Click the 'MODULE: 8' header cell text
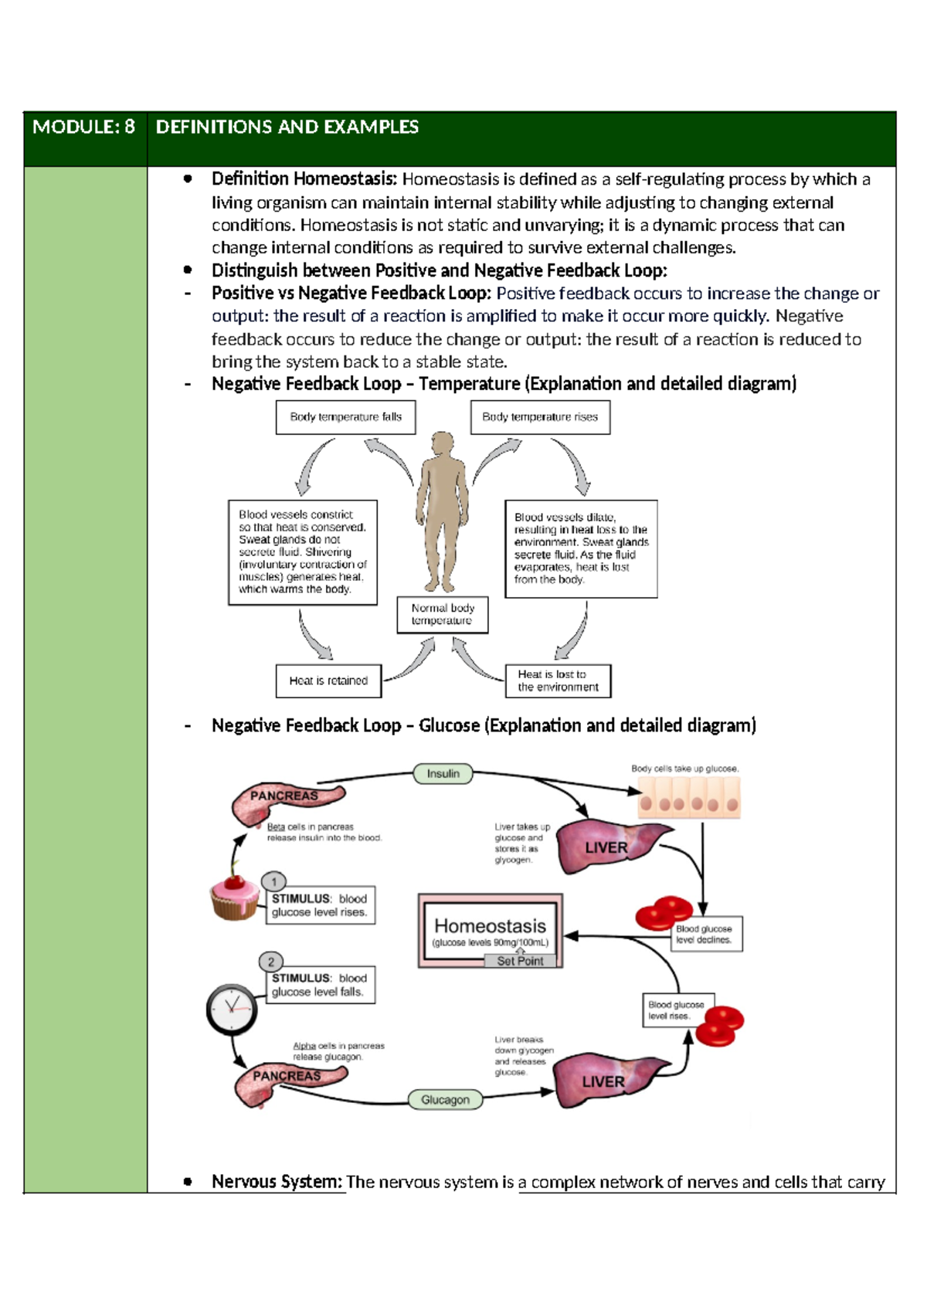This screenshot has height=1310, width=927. pos(83,127)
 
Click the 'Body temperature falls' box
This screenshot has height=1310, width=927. pos(345,417)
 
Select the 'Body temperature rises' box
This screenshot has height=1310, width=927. pos(540,417)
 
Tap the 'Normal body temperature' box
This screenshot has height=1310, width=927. pos(442,615)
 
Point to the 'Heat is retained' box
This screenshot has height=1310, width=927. pos(328,681)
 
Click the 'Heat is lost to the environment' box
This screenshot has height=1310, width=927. pos(558,681)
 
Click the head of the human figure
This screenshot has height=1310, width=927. pos(443,446)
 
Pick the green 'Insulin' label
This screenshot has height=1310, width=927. pos(443,774)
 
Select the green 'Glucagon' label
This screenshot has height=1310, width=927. pos(445,1100)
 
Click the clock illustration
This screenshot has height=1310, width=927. pos(232,1009)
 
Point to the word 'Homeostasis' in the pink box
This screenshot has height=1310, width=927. pos(490,926)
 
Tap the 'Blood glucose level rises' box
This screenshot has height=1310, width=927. pos(677,1010)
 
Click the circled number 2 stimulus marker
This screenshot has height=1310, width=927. pos(271,962)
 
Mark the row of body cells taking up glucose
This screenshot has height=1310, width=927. pos(688,799)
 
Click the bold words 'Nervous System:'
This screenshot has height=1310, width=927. pos(277,1182)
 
